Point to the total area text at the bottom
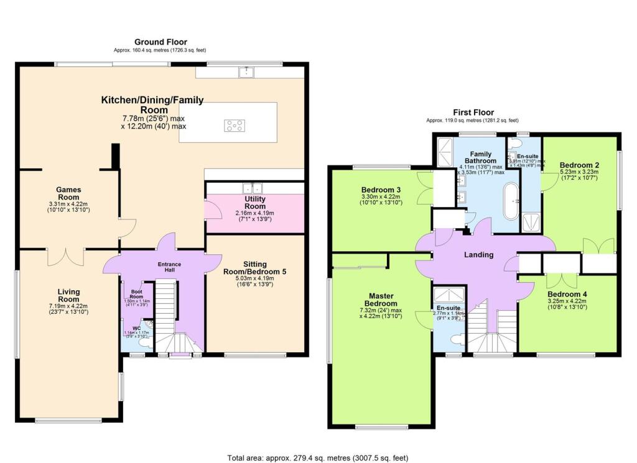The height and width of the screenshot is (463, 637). pyautogui.click(x=318, y=457)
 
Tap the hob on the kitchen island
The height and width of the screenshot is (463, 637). pyautogui.click(x=234, y=126)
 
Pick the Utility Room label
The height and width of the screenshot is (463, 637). pyautogui.click(x=255, y=202)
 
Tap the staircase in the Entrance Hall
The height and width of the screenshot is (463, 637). pyautogui.click(x=166, y=305)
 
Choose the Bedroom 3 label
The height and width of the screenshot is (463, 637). pyautogui.click(x=380, y=190)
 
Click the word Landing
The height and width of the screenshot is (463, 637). pyautogui.click(x=479, y=255)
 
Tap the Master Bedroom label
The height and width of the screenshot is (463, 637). pyautogui.click(x=379, y=300)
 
